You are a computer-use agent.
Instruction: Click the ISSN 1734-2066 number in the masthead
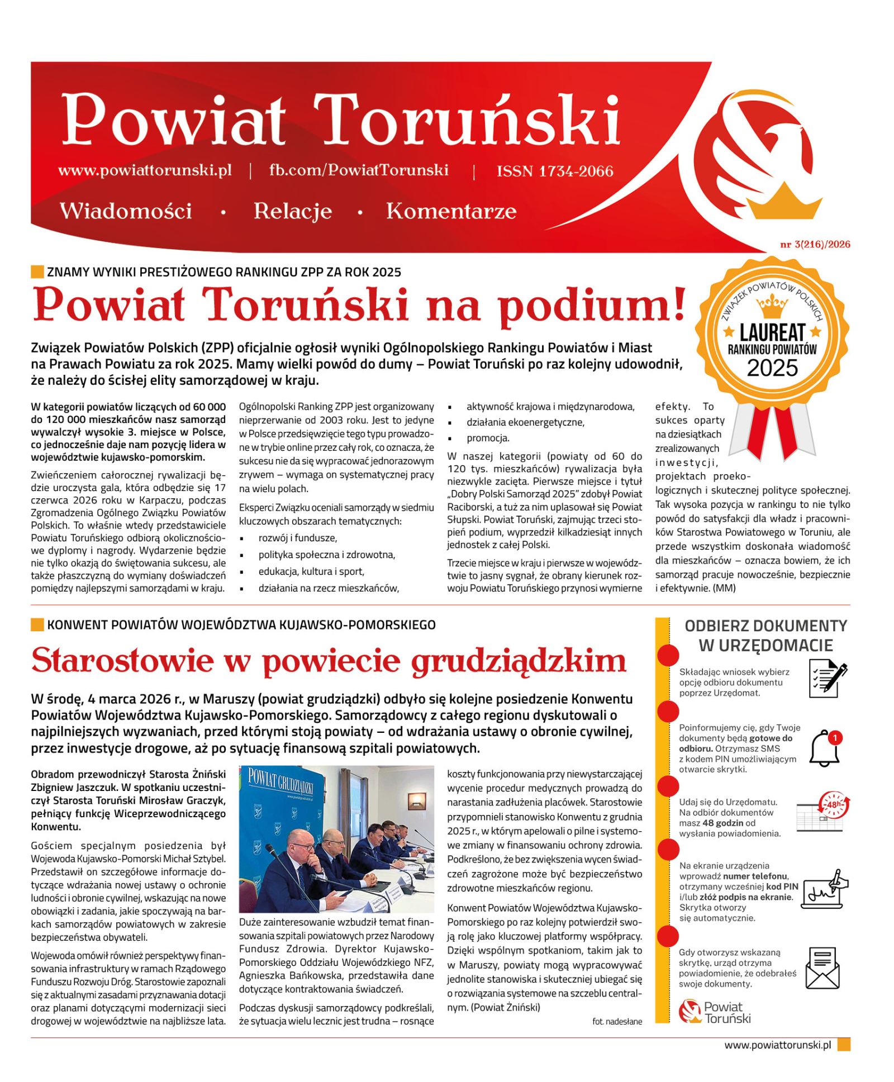554,171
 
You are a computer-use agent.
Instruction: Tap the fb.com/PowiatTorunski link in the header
358,170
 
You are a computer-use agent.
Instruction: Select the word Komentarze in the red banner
451,211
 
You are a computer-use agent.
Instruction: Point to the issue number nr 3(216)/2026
815,244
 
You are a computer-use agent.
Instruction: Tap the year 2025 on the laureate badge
772,368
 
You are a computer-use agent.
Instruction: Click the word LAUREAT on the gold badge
772,333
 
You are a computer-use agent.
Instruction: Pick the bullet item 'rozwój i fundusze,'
297,538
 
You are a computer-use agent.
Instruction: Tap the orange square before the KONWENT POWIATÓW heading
37,625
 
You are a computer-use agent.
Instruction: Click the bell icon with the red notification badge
825,748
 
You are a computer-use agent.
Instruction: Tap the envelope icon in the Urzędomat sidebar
822,967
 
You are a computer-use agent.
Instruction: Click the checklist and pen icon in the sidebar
827,678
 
